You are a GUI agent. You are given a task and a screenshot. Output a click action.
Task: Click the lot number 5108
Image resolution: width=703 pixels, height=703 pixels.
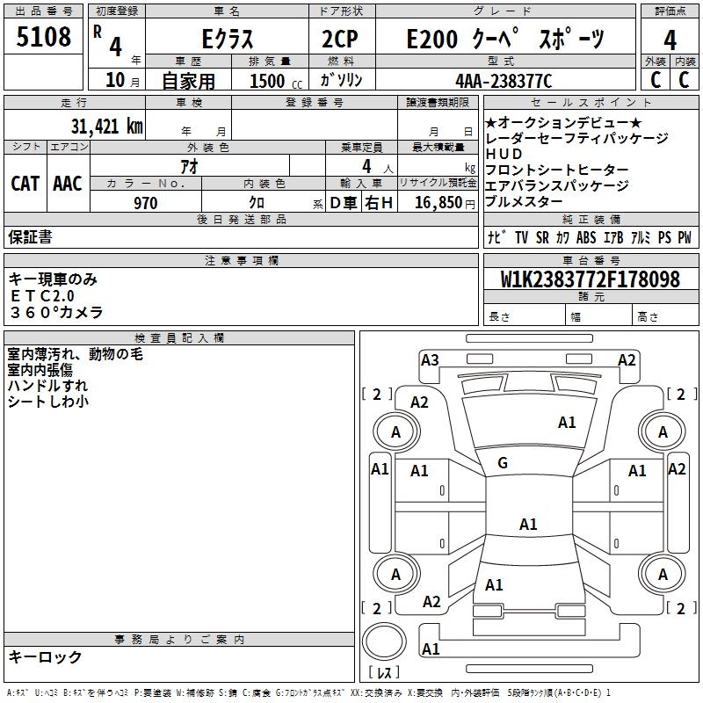click(44, 38)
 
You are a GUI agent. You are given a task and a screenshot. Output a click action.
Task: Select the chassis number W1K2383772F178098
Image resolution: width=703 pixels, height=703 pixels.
click(591, 279)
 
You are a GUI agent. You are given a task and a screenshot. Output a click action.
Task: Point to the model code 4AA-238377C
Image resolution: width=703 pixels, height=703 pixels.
click(504, 81)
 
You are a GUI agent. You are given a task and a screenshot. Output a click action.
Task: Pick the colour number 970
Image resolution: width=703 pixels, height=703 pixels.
click(146, 203)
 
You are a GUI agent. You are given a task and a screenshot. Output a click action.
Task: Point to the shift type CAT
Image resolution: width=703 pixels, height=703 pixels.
click(25, 184)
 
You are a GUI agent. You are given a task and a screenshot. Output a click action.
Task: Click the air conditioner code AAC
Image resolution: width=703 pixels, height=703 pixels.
click(68, 184)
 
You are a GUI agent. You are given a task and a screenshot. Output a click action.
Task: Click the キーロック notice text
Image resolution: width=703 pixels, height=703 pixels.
click(45, 656)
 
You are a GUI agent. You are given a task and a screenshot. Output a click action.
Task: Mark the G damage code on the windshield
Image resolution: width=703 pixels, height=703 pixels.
click(503, 462)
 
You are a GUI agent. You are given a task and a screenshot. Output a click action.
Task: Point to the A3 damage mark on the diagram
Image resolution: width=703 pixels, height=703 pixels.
click(430, 359)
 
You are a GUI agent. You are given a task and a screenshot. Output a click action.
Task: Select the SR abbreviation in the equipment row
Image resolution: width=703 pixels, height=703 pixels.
click(542, 237)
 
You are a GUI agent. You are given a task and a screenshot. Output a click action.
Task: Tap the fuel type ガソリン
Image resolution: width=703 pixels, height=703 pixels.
click(342, 80)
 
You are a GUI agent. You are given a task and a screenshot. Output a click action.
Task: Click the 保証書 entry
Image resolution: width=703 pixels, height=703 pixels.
click(30, 236)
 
